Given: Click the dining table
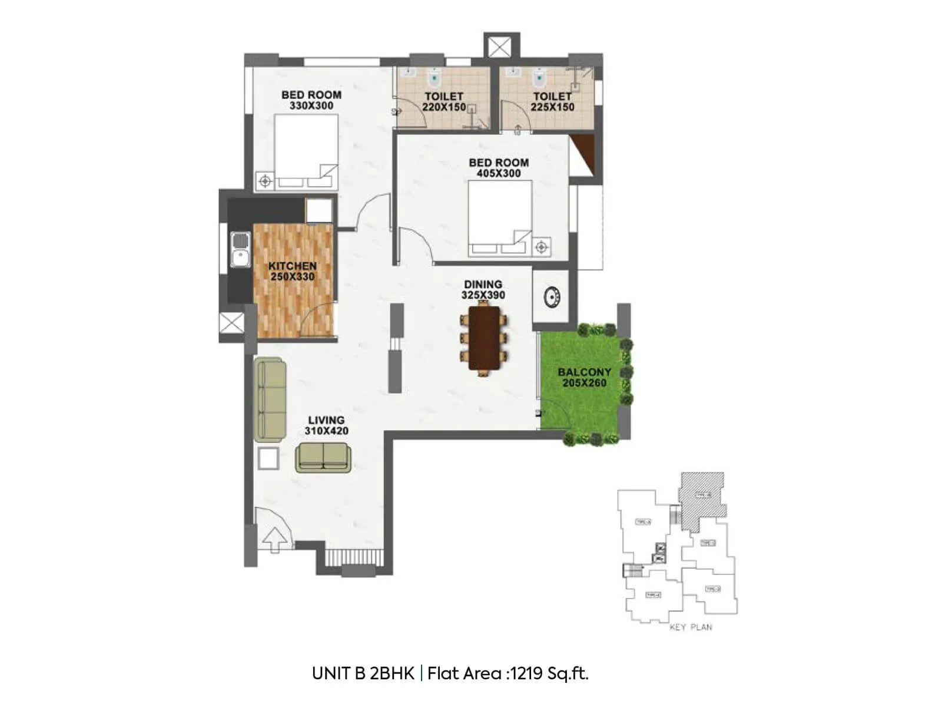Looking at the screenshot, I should pyautogui.click(x=483, y=338).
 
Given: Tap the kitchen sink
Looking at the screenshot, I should pyautogui.click(x=240, y=250).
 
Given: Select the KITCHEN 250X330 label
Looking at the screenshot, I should pyautogui.click(x=293, y=272).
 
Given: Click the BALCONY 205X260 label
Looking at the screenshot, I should pyautogui.click(x=584, y=378).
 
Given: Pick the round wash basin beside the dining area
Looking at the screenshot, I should pyautogui.click(x=551, y=297).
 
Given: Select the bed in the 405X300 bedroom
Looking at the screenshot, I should pyautogui.click(x=500, y=217).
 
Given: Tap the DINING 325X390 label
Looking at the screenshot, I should pyautogui.click(x=483, y=290).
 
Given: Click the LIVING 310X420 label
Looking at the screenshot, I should pyautogui.click(x=326, y=425).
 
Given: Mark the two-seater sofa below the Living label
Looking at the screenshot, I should pyautogui.click(x=323, y=458).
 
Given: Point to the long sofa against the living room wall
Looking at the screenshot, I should pyautogui.click(x=271, y=400).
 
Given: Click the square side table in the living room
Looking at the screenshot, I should pyautogui.click(x=268, y=458).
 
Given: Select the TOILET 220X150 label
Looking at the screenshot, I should pyautogui.click(x=444, y=101).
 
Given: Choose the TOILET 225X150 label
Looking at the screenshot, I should pyautogui.click(x=552, y=101).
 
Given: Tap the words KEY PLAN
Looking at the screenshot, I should pyautogui.click(x=691, y=627).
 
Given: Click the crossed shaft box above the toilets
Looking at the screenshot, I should pyautogui.click(x=502, y=47).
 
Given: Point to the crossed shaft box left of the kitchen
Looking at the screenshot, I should pyautogui.click(x=231, y=323).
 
